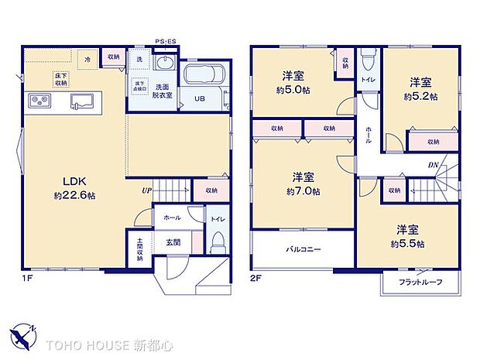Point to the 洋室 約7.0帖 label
point(302,184)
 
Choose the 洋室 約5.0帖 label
point(293,82)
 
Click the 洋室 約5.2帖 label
point(421,89)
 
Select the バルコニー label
point(303,250)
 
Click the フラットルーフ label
point(421,282)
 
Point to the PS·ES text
point(166,41)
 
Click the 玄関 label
point(173,242)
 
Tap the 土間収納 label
point(139,249)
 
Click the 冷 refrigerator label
point(87,58)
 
